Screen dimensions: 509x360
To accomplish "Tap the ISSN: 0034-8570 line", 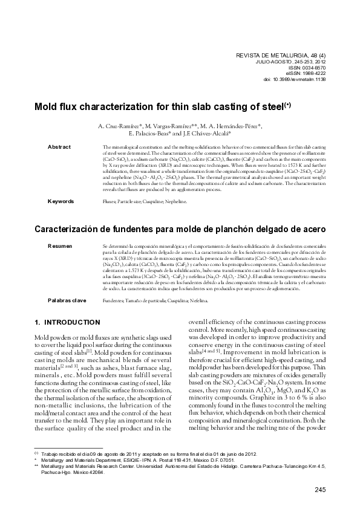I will pyautogui.click(x=308, y=68).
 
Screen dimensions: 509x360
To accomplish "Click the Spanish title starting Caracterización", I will pyautogui.click(x=181, y=229).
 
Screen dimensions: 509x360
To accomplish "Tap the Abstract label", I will pyautogui.click(x=59, y=147).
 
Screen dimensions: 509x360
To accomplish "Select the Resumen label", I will pyautogui.click(x=60, y=247).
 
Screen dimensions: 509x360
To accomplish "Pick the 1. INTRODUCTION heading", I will pyautogui.click(x=67, y=323).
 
